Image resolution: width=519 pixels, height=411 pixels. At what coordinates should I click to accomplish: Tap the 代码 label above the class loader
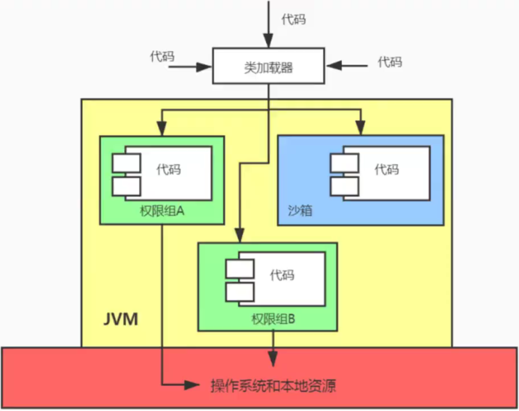point(293,19)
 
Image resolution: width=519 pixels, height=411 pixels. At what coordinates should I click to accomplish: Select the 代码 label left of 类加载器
point(162,56)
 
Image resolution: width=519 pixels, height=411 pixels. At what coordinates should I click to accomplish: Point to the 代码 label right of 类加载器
point(389,62)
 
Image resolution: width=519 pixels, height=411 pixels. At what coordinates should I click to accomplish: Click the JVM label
point(120,319)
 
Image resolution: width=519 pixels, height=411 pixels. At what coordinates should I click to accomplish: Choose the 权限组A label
point(162,211)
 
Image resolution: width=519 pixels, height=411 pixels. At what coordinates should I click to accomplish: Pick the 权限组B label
point(273,319)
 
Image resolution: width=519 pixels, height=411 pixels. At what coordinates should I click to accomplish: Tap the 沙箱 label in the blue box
point(300,210)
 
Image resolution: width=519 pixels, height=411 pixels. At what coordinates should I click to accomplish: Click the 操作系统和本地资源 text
point(273,386)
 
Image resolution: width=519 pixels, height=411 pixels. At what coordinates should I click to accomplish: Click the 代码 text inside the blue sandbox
point(386,169)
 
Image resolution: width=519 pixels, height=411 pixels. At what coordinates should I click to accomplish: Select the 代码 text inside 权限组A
point(169,169)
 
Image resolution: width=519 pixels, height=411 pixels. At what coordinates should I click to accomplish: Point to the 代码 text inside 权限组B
point(282,275)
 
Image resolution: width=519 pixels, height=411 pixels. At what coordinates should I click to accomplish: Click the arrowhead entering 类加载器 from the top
point(268,41)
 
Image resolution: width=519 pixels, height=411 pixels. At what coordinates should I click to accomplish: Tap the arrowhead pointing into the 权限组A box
point(162,128)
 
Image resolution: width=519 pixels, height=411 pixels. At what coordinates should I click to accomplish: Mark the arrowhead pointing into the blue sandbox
point(360,128)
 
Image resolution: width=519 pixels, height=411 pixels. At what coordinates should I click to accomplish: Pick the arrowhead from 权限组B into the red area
point(273,358)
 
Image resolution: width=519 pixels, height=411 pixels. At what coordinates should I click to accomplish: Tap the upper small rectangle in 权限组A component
point(127,163)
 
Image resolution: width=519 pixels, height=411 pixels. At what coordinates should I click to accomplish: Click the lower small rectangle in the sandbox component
point(344,186)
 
